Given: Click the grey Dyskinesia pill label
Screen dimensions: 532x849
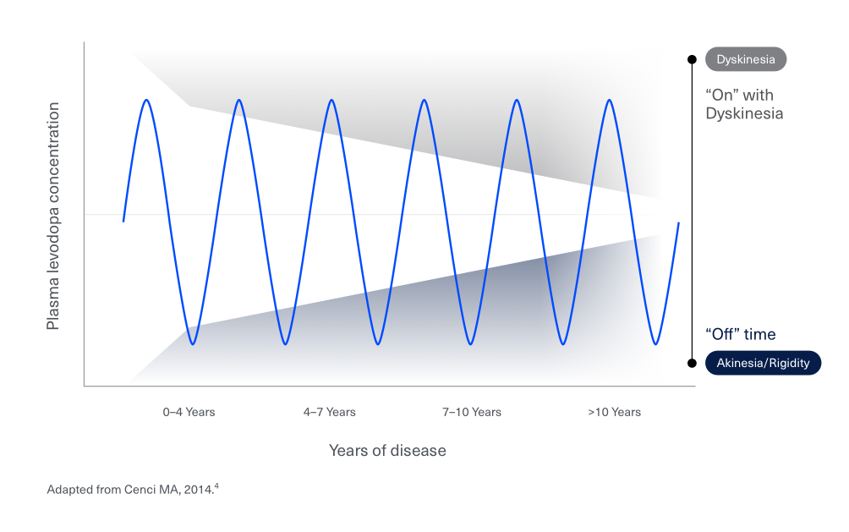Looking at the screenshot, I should click(x=746, y=59).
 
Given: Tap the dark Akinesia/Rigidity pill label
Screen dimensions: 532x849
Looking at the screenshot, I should click(x=763, y=363).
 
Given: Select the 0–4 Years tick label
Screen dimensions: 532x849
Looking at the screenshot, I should click(x=189, y=412).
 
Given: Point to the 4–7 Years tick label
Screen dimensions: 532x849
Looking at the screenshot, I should click(x=329, y=412).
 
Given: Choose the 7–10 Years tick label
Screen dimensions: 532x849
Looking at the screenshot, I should click(x=471, y=412).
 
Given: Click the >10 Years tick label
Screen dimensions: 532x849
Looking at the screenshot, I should click(x=614, y=412).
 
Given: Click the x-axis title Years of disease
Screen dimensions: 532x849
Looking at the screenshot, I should click(x=387, y=450).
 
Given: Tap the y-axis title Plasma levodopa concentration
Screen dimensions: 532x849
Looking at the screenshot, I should click(x=53, y=216).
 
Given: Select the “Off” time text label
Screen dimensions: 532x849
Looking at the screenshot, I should click(x=740, y=334).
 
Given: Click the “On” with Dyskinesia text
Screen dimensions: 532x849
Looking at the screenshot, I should click(x=744, y=104).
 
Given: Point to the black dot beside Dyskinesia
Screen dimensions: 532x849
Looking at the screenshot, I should click(x=693, y=59).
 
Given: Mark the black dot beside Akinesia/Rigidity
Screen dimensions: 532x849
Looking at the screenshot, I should click(x=693, y=363).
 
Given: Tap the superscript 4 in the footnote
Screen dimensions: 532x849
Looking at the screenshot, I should click(x=217, y=485).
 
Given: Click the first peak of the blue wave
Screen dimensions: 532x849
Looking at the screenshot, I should click(x=147, y=100).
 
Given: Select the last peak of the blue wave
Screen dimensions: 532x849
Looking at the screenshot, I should click(x=610, y=100).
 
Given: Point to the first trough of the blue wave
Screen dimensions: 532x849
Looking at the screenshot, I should click(x=194, y=344).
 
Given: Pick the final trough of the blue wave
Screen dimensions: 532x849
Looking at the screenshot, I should click(x=656, y=344).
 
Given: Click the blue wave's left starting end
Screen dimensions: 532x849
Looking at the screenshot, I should click(x=123, y=221).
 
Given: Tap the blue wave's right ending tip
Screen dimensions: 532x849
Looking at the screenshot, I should click(x=678, y=223).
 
